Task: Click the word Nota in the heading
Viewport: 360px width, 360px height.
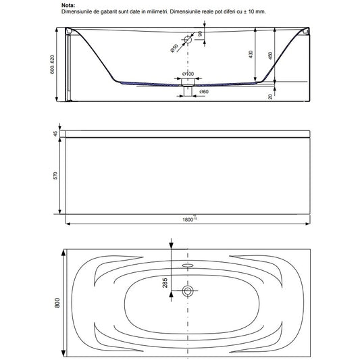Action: [x=68, y=5]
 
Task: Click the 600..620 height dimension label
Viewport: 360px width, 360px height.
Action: [x=53, y=64]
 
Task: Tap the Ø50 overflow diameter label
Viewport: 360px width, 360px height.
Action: [x=174, y=48]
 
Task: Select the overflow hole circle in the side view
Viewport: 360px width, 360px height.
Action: [x=188, y=39]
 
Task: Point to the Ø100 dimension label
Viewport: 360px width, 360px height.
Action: [x=188, y=74]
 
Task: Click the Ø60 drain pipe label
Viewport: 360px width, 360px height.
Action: [x=204, y=92]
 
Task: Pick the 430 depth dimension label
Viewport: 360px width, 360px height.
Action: [x=251, y=54]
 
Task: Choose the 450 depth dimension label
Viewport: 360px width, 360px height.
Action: [x=270, y=55]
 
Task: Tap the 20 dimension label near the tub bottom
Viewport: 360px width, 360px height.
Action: [x=270, y=97]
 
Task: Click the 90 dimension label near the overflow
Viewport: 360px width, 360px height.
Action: [x=200, y=34]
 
